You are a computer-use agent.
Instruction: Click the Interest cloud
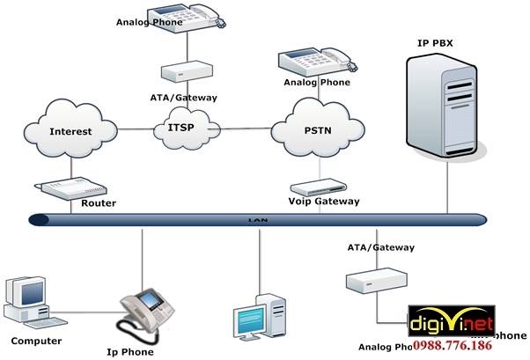(70, 132)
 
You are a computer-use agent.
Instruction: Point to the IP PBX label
(438, 42)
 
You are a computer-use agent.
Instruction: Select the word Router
(99, 203)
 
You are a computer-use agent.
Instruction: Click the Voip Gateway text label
(324, 202)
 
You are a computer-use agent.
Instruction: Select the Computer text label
(36, 341)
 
